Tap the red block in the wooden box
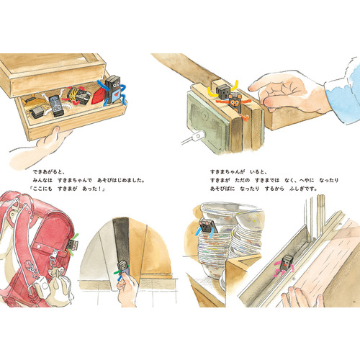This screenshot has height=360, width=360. click(x=99, y=96)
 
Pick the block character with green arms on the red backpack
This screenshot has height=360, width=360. click(x=72, y=243)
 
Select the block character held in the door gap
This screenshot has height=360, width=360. click(x=122, y=269)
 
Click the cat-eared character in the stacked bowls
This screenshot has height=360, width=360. click(x=207, y=228)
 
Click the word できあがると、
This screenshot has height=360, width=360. click(x=49, y=172)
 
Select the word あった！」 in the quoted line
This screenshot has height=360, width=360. click(x=94, y=189)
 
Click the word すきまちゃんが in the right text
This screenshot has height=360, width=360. click(x=228, y=172)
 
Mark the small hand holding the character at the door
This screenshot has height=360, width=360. click(x=127, y=291)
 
